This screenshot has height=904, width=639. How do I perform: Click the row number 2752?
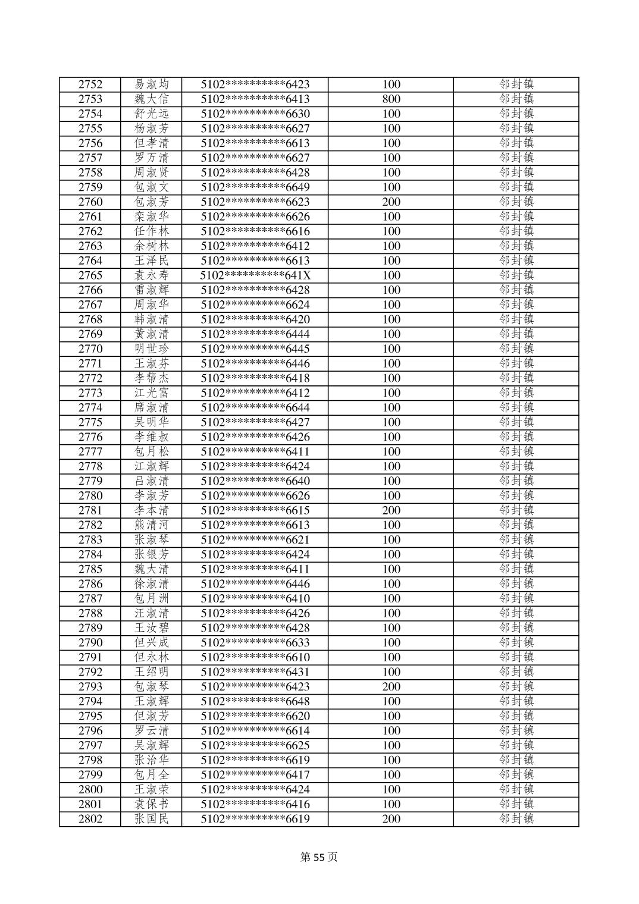[x=90, y=84]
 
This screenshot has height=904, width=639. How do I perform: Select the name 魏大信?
[x=152, y=99]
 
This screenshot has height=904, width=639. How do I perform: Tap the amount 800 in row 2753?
[x=391, y=99]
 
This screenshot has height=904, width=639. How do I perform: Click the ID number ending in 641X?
[x=255, y=275]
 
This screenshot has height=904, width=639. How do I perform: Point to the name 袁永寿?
[x=152, y=275]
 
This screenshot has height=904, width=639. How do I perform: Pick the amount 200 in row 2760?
[x=391, y=202]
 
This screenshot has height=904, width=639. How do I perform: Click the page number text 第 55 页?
[x=319, y=857]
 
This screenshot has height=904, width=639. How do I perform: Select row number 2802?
[x=90, y=819]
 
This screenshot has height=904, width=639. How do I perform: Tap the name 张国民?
[x=152, y=819]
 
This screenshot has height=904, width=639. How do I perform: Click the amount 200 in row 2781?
[x=391, y=510]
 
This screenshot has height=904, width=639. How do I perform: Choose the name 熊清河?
[x=152, y=525]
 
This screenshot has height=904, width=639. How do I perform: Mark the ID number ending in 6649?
[x=255, y=187]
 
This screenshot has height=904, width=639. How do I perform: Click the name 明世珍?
[x=152, y=349]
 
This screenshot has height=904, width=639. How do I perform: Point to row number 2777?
[x=90, y=451]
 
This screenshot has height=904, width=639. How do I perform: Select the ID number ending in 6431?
[x=255, y=672]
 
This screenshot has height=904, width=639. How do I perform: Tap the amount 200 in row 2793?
[x=391, y=686]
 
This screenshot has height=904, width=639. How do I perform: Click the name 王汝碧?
[x=152, y=628]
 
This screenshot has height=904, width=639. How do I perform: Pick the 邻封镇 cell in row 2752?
[x=516, y=84]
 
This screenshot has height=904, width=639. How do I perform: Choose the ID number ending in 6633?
[x=255, y=642]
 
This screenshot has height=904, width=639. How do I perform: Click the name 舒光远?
[x=152, y=114]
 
